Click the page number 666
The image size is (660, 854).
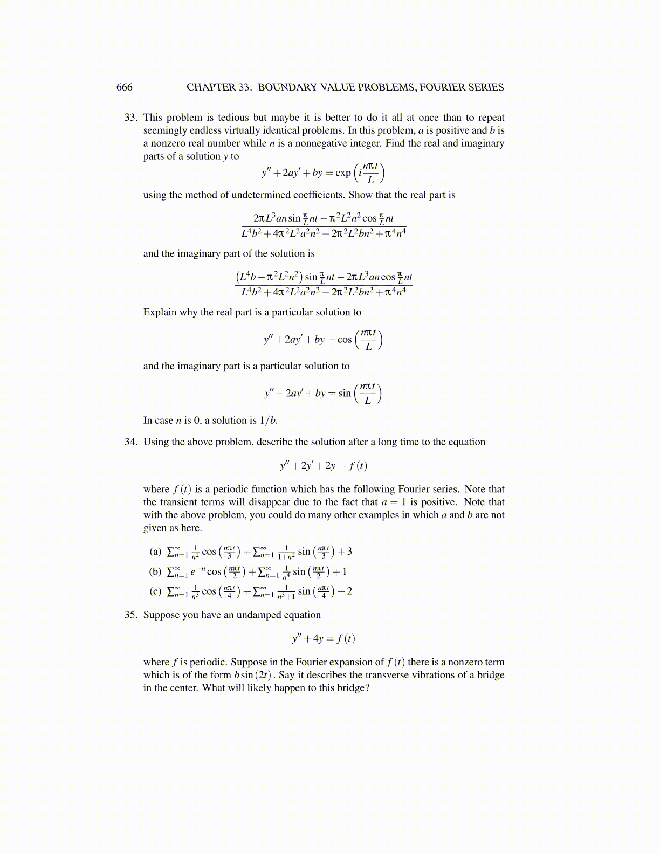(124, 87)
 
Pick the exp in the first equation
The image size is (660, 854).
(343, 173)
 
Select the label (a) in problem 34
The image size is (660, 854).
(155, 552)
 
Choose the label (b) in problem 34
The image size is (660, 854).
(155, 571)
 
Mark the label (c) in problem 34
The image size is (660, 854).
(155, 591)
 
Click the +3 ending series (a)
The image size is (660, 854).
(345, 552)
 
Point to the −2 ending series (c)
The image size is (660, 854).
(345, 591)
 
